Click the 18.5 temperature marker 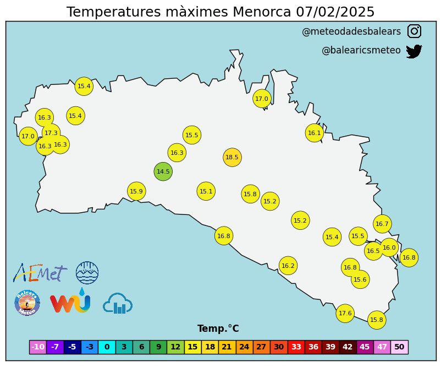pos(232,157)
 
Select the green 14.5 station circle pos(163,171)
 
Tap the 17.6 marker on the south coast pos(345,313)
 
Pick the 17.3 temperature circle pos(51,133)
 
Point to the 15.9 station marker pos(136,191)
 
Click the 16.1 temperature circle pos(314,133)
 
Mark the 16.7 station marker pos(382,224)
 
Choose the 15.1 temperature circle pos(206,191)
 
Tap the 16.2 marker pos(288,266)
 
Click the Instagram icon pos(414,31)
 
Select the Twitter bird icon pos(414,51)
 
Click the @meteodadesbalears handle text pos(351,32)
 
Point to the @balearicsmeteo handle pos(361,50)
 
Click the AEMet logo pos(40,272)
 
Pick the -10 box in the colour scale pos(37,347)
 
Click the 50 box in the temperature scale pos(399,347)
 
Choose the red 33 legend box pos(296,347)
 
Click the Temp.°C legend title pos(218,329)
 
